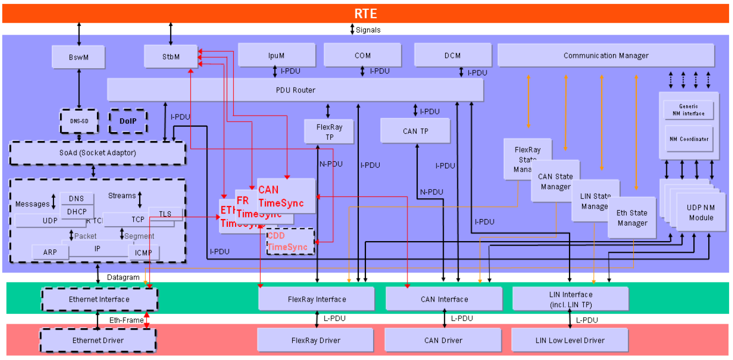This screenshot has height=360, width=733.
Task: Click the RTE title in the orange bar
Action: [x=365, y=14]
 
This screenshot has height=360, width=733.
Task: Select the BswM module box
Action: [x=78, y=57]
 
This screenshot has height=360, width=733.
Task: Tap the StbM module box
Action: [x=171, y=57]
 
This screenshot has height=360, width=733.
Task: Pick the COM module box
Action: [x=362, y=55]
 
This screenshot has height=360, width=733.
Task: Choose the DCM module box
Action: [x=452, y=55]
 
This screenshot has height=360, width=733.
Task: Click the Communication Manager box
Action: [x=605, y=55]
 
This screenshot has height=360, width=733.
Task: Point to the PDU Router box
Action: [x=296, y=90]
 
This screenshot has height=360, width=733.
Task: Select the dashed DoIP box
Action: [x=128, y=121]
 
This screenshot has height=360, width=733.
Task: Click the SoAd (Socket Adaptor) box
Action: [x=97, y=152]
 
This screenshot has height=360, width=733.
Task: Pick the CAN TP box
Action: [x=415, y=131]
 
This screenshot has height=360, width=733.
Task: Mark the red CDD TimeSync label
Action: [x=287, y=242]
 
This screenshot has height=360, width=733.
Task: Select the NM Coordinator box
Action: [x=689, y=139]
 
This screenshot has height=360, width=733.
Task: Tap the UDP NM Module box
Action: [x=701, y=212]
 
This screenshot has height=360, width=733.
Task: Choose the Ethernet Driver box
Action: [x=98, y=340]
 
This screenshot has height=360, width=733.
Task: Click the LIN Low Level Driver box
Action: [x=570, y=340]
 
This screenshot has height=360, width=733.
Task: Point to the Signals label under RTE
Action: [x=368, y=30]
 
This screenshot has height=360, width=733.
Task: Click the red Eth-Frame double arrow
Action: [x=146, y=320]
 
